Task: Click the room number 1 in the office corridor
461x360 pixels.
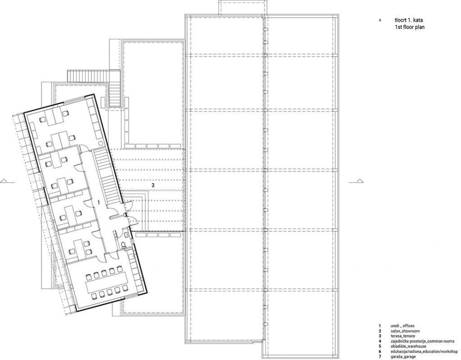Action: coord(98,203)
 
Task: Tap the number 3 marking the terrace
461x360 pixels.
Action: coord(153,185)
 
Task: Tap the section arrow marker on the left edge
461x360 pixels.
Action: coord(4,181)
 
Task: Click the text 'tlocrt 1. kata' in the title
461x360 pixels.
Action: coord(408,20)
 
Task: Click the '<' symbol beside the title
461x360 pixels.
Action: coord(380,20)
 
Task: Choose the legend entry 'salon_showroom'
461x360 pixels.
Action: coord(403,330)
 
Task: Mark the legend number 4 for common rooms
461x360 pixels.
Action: coord(380,341)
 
